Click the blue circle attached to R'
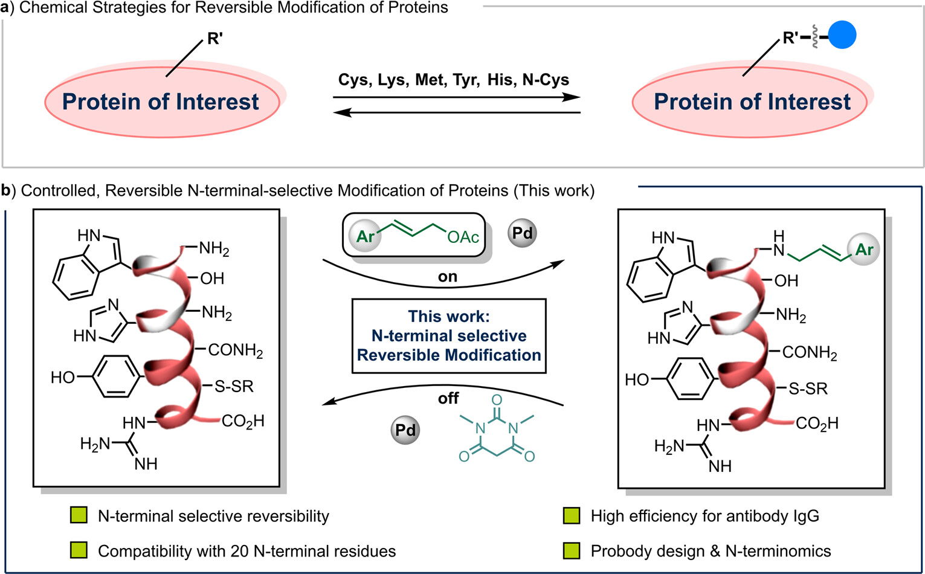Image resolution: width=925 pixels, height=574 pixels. point(842,36)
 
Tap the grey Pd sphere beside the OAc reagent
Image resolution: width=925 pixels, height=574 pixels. point(522,233)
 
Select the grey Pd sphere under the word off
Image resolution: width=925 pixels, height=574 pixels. point(405,430)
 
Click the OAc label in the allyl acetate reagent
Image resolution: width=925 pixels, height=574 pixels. point(463,237)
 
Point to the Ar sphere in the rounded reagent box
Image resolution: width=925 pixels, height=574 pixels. point(366,236)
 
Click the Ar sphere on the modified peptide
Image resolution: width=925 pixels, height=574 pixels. point(864,250)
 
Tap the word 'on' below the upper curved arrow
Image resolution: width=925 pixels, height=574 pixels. point(447,277)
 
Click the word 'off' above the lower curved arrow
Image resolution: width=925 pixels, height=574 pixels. point(448,398)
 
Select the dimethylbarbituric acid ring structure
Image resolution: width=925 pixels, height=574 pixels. point(496,431)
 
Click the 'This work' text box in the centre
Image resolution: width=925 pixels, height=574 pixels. point(449,335)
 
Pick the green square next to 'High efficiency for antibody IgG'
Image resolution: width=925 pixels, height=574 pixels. point(571,516)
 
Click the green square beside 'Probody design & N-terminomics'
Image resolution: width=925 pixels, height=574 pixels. point(571,550)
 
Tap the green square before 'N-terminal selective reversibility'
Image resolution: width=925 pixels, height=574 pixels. point(79,515)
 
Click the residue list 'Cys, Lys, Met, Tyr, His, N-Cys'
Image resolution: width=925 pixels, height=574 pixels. point(453,80)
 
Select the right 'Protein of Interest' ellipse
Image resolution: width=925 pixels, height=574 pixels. point(752,102)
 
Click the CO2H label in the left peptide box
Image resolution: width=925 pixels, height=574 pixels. point(243,421)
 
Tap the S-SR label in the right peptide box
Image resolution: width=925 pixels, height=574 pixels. point(808,389)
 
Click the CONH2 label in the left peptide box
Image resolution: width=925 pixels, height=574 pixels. point(236,350)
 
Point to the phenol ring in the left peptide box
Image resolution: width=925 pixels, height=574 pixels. point(118,377)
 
